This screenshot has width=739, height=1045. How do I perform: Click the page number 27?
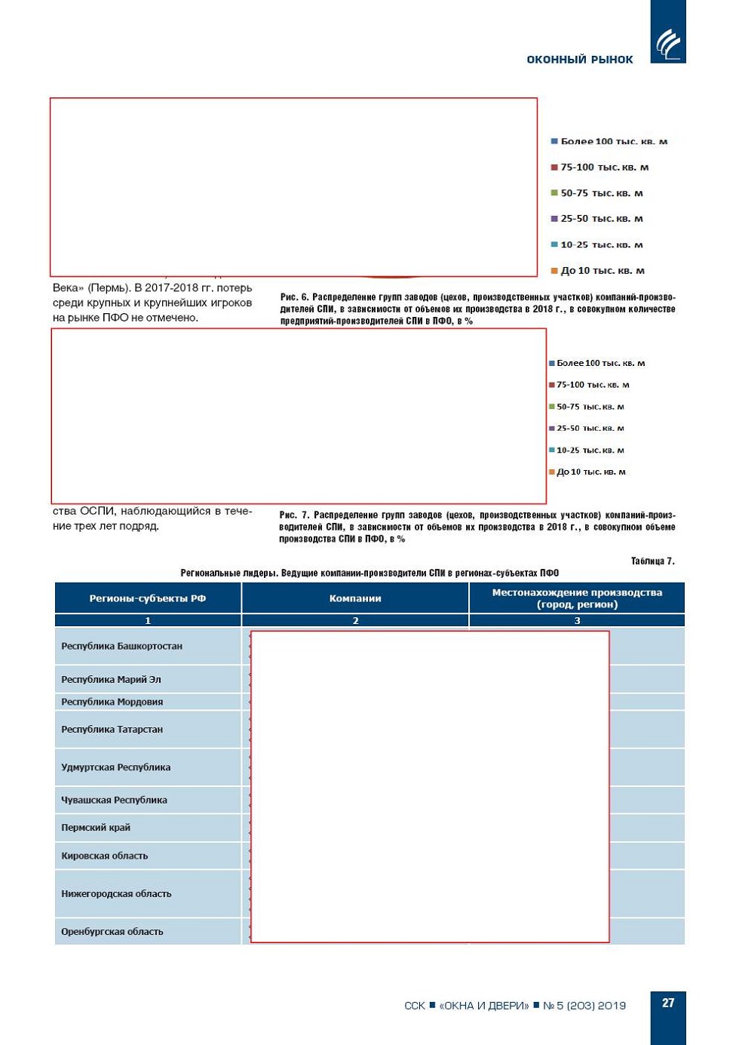click(x=667, y=1003)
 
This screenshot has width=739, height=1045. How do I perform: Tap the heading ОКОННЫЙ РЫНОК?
click(x=579, y=60)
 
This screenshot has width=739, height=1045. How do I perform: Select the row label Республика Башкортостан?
click(x=121, y=646)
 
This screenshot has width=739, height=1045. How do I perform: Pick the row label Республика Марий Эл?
click(x=111, y=679)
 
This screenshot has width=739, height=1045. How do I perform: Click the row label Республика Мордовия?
click(x=112, y=702)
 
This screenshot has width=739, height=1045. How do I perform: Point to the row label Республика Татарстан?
click(x=112, y=730)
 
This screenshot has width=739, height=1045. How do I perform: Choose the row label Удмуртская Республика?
click(x=115, y=767)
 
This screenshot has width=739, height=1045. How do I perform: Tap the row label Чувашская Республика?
click(x=114, y=800)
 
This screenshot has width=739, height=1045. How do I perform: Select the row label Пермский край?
click(x=96, y=828)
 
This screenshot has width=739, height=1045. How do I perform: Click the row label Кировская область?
click(x=104, y=856)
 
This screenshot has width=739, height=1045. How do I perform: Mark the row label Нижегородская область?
click(x=116, y=893)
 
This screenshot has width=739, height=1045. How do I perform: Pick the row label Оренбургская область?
click(x=112, y=932)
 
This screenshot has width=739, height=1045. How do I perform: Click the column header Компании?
click(x=355, y=598)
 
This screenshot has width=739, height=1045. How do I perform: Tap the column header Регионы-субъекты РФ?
click(x=147, y=598)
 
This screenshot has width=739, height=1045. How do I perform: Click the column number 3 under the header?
click(x=577, y=620)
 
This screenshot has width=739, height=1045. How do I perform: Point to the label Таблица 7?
click(x=652, y=561)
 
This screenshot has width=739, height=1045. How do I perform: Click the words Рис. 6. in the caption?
click(x=294, y=297)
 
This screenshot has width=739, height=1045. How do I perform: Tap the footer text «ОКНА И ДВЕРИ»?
click(x=483, y=1005)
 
